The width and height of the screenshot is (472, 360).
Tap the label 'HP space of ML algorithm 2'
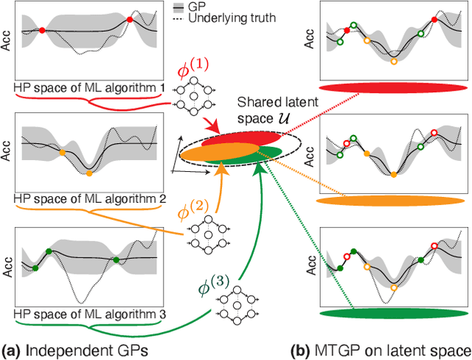(x=89, y=198)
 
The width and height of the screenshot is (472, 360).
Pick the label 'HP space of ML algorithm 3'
(x=89, y=313)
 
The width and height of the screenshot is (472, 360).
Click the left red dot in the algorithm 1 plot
(x=42, y=30)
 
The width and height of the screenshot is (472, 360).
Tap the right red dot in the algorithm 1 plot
(x=130, y=20)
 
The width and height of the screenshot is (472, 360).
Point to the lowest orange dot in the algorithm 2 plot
(x=88, y=173)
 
